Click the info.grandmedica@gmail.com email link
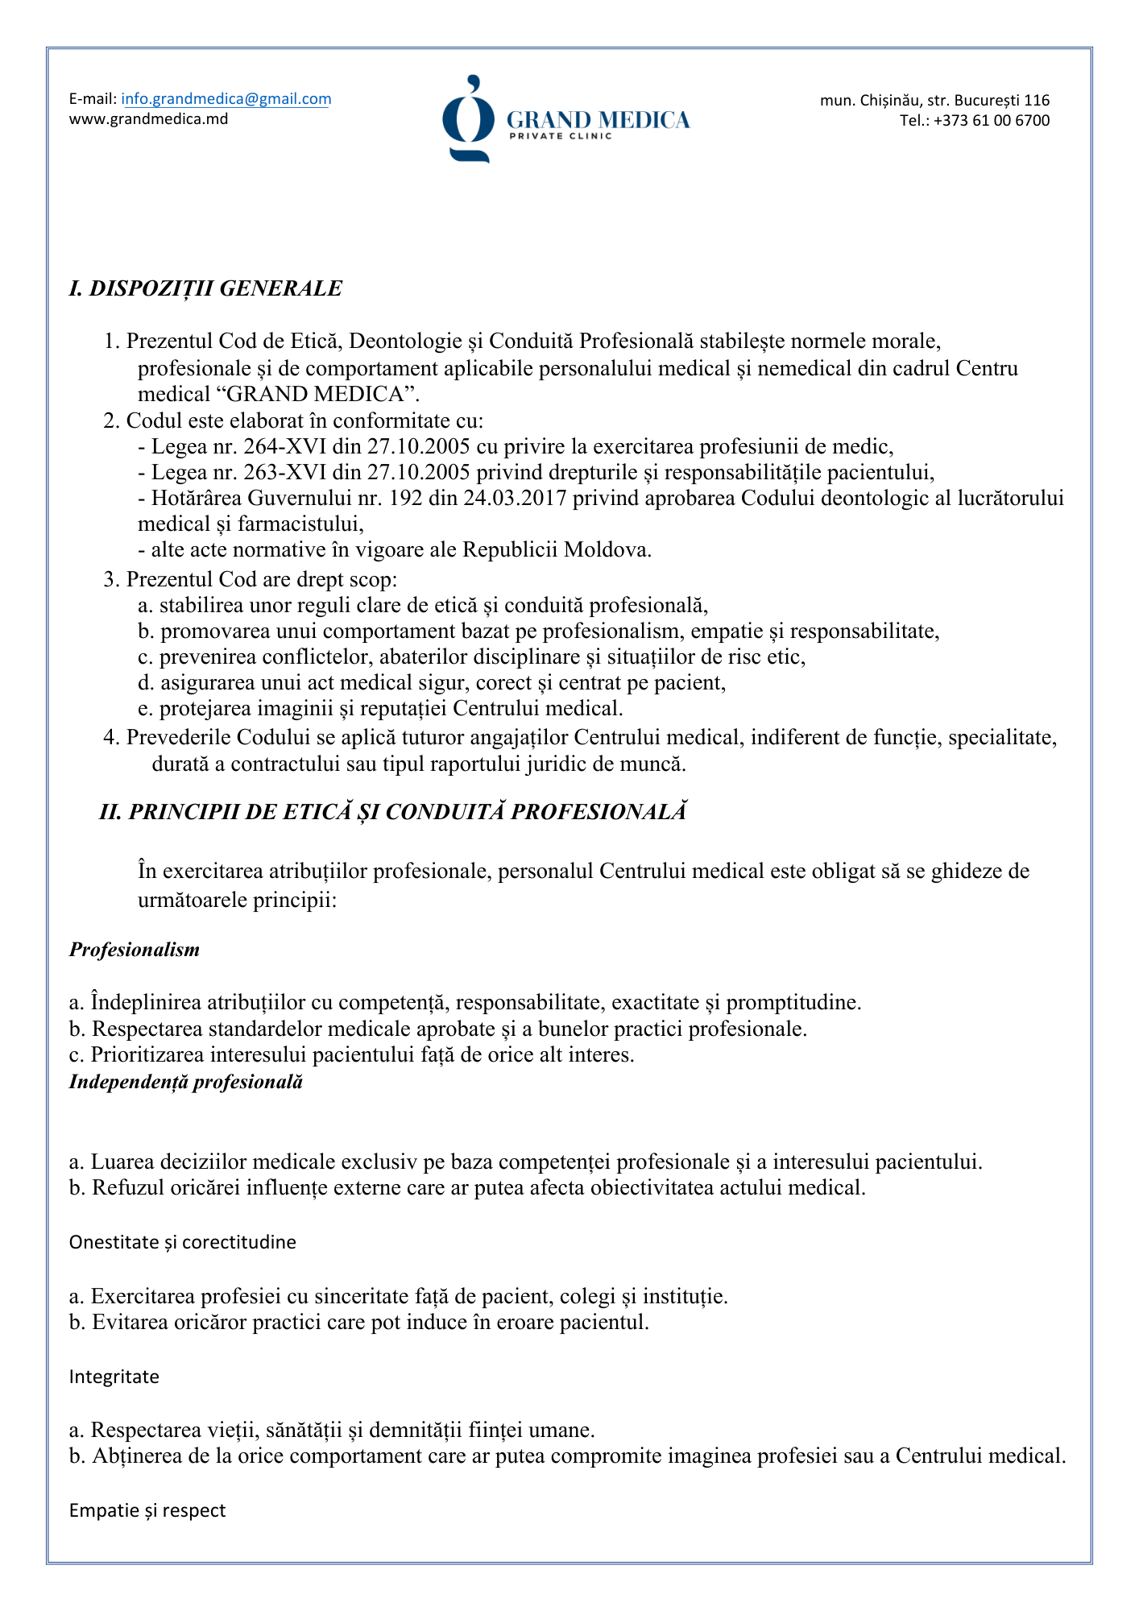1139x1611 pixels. [226, 99]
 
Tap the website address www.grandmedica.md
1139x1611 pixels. [148, 119]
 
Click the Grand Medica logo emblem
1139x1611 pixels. [467, 119]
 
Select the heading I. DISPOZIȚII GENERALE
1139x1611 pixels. [205, 288]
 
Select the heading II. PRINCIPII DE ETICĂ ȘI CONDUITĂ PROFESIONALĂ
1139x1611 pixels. [393, 811]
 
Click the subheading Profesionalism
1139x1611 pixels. [135, 950]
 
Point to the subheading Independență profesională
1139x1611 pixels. [186, 1082]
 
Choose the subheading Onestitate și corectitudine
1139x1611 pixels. [183, 1242]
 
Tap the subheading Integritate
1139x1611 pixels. [114, 1377]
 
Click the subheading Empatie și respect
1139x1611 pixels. [147, 1510]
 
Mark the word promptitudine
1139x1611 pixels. [793, 1003]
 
